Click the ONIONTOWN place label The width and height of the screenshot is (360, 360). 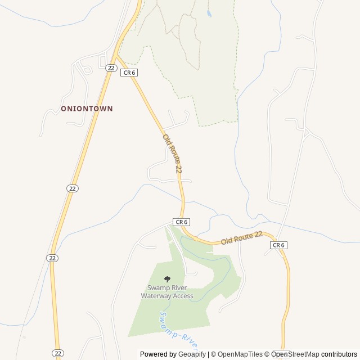[87, 109]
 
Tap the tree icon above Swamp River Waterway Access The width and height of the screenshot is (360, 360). [167, 278]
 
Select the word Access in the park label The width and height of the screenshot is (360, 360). [183, 296]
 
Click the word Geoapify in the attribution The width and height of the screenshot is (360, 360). [191, 354]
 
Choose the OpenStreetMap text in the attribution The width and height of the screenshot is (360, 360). [295, 354]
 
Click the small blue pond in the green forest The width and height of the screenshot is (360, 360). [209, 13]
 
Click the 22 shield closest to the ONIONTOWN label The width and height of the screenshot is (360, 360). [111, 68]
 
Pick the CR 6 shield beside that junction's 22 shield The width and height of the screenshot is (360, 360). [129, 73]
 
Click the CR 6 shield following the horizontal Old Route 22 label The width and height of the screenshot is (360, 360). [278, 245]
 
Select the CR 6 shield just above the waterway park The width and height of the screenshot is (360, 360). [181, 222]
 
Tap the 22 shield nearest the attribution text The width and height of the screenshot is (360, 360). [58, 353]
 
